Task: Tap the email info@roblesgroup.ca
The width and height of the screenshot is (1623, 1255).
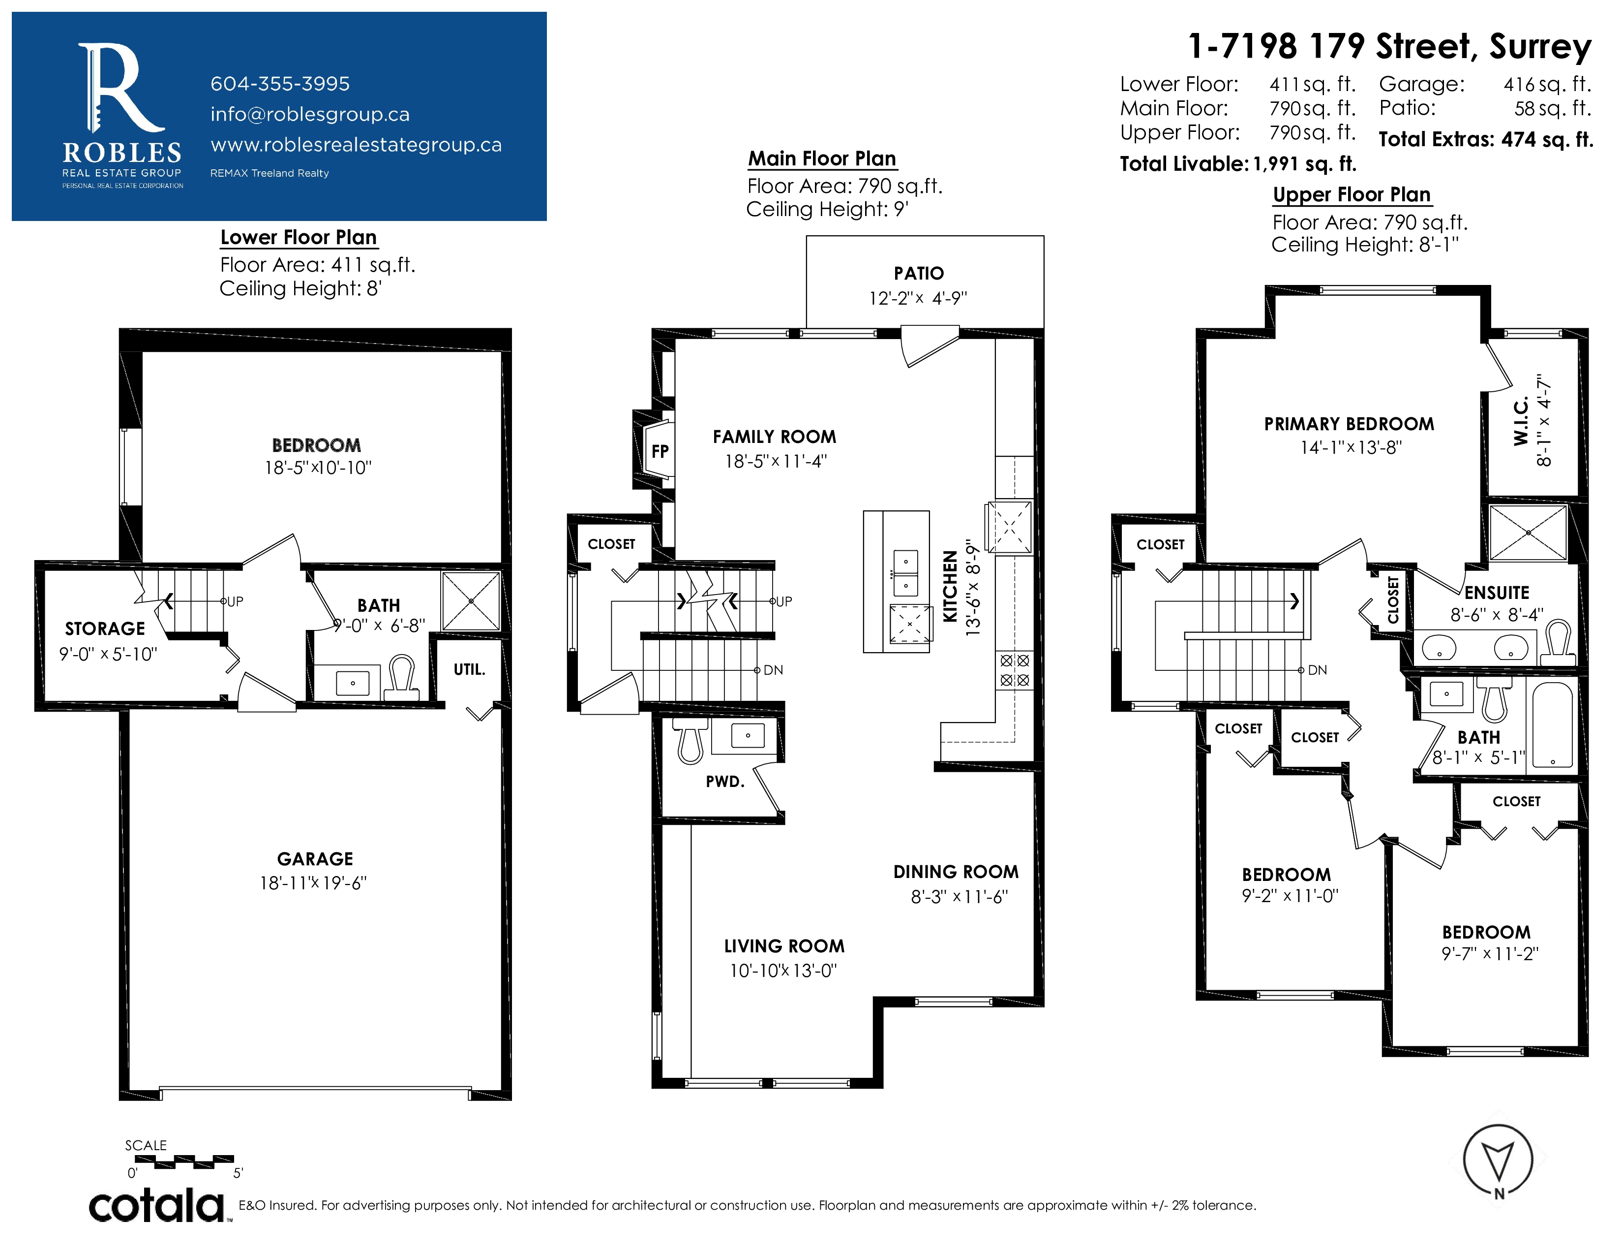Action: pos(310,115)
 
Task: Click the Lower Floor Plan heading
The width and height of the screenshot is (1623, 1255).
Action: pos(299,237)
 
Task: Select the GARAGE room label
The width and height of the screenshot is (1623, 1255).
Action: pos(315,859)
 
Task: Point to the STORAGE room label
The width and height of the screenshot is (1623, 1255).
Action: pos(105,629)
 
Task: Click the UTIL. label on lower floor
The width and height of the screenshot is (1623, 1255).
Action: pos(470,669)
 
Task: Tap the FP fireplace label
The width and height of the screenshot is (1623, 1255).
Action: pos(660,451)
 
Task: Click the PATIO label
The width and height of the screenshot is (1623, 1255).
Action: pos(919,274)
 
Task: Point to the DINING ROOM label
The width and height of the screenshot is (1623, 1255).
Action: pos(956,871)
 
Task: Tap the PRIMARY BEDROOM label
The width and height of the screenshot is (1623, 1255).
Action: pos(1350,424)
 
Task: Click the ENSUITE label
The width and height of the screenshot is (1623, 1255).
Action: pos(1497,593)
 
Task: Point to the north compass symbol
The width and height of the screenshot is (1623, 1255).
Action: pos(1498,1160)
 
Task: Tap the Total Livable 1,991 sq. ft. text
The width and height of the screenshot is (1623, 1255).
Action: pos(1238,163)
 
